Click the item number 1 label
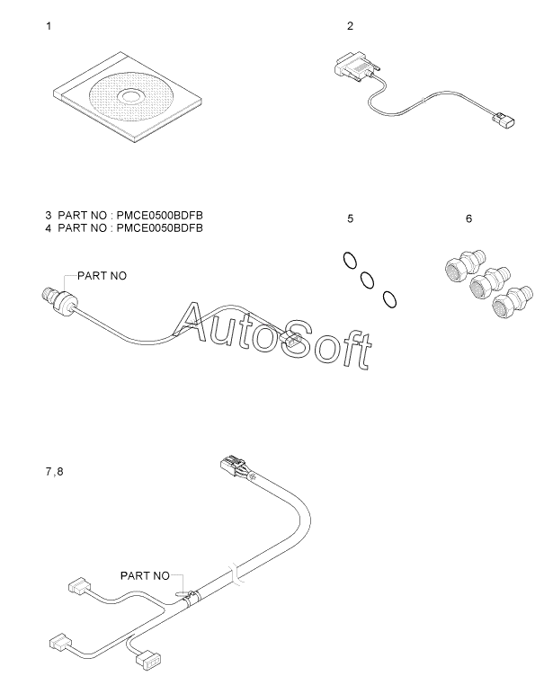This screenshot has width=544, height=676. [49, 26]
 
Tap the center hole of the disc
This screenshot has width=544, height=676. [129, 96]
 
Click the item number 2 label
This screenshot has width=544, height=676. [350, 26]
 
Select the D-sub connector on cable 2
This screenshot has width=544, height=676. [356, 68]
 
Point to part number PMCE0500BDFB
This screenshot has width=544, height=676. [160, 215]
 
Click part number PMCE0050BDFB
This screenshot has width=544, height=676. [160, 227]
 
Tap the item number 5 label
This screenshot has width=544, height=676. [351, 219]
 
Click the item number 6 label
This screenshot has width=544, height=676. [469, 219]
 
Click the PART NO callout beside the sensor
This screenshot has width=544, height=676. [103, 276]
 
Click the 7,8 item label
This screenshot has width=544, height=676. [54, 472]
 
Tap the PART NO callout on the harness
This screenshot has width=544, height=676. [145, 576]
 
